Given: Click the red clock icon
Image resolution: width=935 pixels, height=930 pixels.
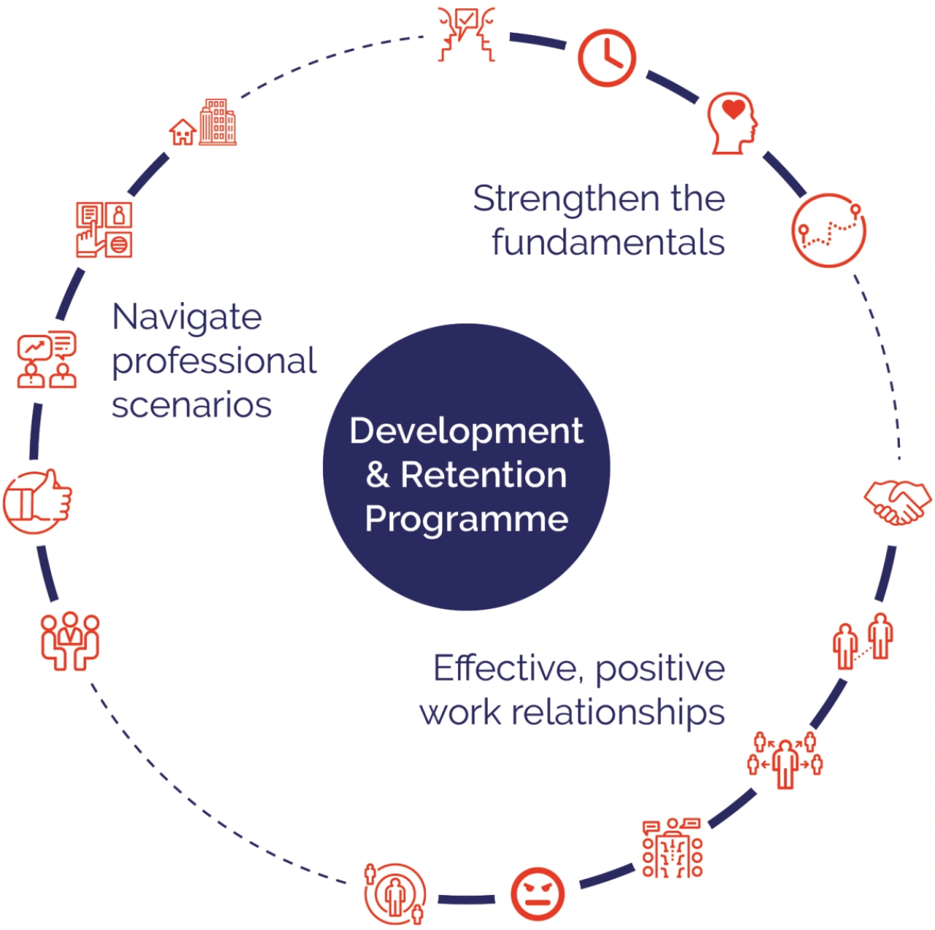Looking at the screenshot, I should (x=606, y=58).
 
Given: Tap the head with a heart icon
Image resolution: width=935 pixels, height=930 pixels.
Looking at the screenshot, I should (x=733, y=123).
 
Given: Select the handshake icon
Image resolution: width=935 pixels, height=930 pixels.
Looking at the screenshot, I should (x=897, y=501).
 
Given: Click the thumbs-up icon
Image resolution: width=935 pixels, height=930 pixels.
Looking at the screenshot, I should (x=38, y=501).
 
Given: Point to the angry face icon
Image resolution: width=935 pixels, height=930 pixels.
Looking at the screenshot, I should (x=537, y=894).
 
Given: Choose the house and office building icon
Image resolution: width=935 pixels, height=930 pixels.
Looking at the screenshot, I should (x=204, y=123).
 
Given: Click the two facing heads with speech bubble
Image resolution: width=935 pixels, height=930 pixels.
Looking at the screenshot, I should (x=467, y=34).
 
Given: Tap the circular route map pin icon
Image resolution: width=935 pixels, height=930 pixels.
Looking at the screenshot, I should (x=829, y=230).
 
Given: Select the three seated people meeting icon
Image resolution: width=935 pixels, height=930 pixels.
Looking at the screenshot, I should (x=70, y=640).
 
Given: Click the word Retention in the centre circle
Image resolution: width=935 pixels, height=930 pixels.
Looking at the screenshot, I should (x=484, y=475).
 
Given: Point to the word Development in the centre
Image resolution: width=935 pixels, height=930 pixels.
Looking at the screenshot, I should (x=466, y=431).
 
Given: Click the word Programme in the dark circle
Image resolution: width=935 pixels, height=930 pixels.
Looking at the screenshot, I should (x=466, y=520).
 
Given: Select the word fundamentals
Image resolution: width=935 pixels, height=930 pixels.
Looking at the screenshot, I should (x=608, y=242).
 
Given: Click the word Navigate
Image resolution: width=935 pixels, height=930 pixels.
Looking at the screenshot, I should (x=187, y=318).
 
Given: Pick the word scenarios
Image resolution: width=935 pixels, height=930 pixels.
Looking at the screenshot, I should (x=191, y=405).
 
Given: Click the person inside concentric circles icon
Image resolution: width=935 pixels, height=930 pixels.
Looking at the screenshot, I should (x=395, y=894).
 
